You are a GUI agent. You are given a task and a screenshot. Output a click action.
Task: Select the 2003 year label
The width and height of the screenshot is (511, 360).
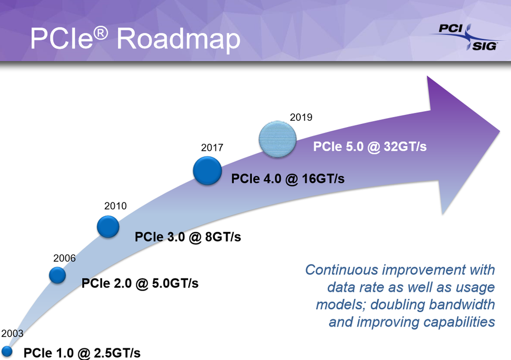coord(12,334)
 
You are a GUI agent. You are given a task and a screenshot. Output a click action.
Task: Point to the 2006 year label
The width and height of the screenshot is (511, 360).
coord(64,258)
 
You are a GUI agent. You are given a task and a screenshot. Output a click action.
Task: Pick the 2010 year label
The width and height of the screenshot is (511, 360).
coord(115,206)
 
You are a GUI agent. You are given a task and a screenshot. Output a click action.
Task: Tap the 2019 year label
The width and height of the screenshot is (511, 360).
coord(301,118)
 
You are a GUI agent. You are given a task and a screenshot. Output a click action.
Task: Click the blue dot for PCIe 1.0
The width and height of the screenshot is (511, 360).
coord(7,351)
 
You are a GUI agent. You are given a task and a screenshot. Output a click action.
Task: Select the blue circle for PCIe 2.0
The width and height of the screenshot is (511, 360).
coord(57,275)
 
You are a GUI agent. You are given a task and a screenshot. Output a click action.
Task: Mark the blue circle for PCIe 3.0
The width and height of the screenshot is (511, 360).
coord(108,227)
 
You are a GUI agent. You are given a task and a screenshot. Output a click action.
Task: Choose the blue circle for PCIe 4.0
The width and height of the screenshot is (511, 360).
coord(207,170)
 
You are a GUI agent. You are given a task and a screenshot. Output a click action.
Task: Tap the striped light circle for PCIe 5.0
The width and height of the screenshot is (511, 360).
coord(277,139)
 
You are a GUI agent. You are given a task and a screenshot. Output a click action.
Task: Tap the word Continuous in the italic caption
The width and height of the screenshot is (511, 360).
coord(341,270)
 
